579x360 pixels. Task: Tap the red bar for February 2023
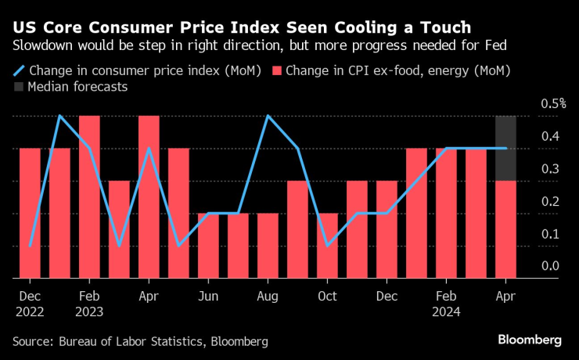89,196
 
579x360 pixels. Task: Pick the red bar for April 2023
149,196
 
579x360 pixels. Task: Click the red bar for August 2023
268,245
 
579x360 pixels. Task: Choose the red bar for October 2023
327,245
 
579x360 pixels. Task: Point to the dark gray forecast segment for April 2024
505,148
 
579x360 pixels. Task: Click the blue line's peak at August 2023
268,116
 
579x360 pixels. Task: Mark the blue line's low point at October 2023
328,246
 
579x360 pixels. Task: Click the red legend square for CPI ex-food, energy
275,70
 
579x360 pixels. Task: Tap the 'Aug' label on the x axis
268,297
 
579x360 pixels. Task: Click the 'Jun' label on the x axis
208,297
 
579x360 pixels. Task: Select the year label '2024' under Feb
446,311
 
